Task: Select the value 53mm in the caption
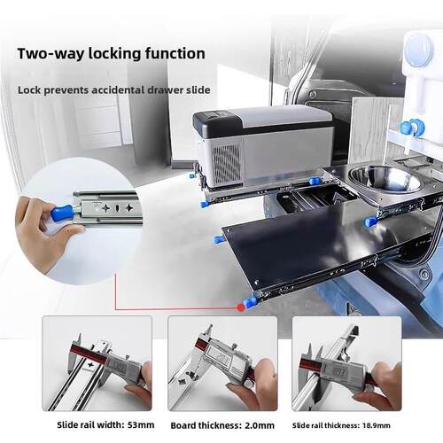pyautogui.click(x=141, y=425)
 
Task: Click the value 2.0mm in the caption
pyautogui.click(x=260, y=425)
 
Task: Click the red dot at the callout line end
pyautogui.click(x=241, y=307)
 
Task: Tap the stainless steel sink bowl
pyautogui.click(x=384, y=179)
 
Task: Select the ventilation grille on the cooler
pyautogui.click(x=227, y=163)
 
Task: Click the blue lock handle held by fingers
pyautogui.click(x=62, y=212)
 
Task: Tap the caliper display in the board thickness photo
pyautogui.click(x=219, y=356)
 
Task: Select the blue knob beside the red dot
pyautogui.click(x=250, y=302)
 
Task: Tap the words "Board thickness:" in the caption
pyautogui.click(x=205, y=425)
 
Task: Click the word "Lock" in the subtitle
pyautogui.click(x=29, y=89)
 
